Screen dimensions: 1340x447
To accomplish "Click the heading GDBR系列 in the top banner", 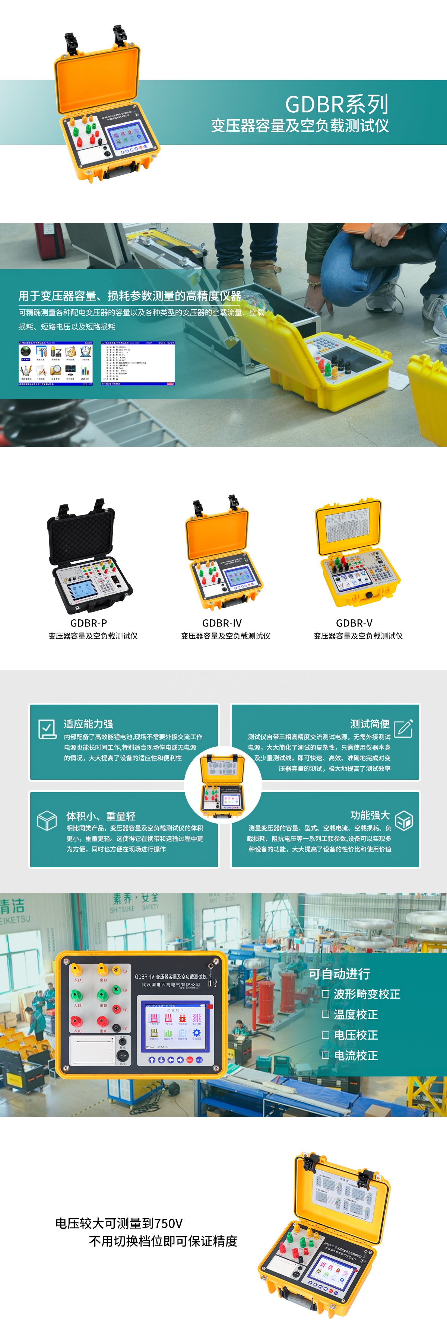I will (x=337, y=104).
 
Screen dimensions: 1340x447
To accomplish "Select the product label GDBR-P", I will (x=88, y=623).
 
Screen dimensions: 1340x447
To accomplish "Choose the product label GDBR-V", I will (x=354, y=623).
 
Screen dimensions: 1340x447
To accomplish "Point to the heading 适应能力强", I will (x=88, y=724).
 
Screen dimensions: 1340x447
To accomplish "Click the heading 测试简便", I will (x=370, y=724).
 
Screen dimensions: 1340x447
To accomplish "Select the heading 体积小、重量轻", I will (x=101, y=816).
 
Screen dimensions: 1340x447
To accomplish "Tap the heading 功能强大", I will (x=370, y=815).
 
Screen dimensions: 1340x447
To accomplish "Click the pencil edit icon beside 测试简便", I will (x=403, y=728).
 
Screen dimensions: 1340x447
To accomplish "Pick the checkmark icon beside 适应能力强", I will (x=47, y=729).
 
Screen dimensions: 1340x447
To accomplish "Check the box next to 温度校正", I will (x=325, y=1014).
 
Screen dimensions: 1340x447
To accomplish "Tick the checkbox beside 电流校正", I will (x=325, y=1055).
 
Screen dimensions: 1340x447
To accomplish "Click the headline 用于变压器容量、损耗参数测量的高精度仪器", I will (x=130, y=296).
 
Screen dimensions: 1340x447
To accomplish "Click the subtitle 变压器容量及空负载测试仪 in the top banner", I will (x=300, y=125).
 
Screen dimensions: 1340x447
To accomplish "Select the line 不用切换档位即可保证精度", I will (x=163, y=1241).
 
